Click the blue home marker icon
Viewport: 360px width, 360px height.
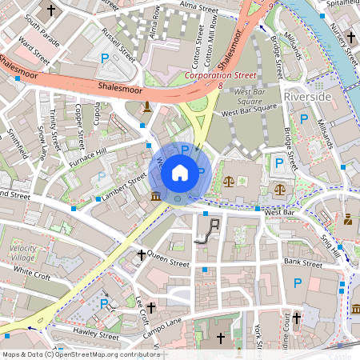(180, 172)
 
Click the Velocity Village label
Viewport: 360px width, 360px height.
(23, 254)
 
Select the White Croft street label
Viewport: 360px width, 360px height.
(31, 274)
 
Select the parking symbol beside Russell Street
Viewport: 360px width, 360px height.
(106, 58)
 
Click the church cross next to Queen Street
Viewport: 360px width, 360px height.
(142, 255)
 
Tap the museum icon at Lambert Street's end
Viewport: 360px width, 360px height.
(154, 197)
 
